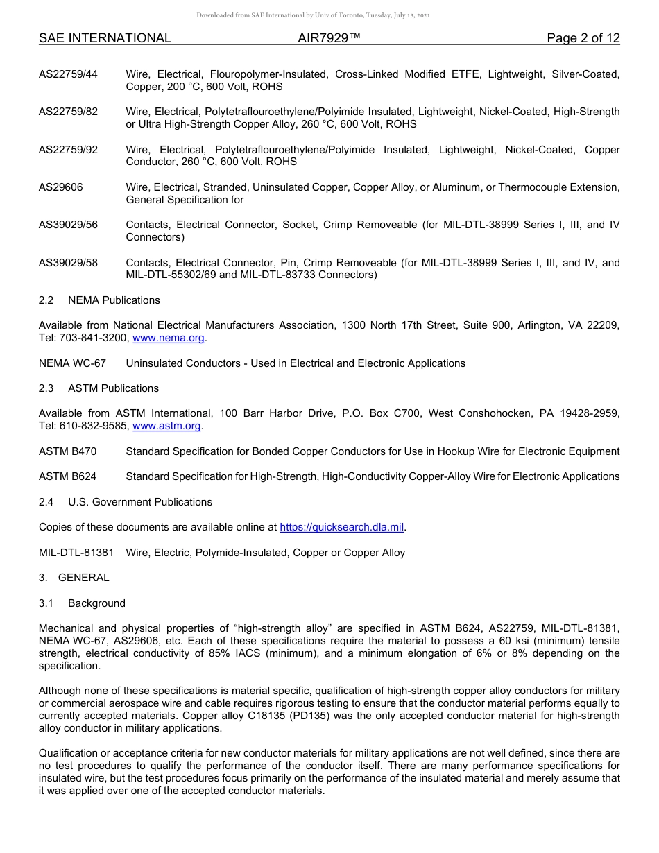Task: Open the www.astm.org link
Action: [166, 426]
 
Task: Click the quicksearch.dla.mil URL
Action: [341, 527]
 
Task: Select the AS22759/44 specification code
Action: [68, 75]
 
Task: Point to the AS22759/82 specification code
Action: [68, 112]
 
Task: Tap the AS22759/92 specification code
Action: [68, 150]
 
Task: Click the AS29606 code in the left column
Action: [61, 187]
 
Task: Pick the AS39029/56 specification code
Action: [68, 225]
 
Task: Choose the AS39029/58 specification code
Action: [68, 263]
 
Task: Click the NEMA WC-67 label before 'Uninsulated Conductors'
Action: [72, 363]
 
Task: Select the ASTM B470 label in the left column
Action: [67, 451]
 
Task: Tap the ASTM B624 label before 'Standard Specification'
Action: [67, 476]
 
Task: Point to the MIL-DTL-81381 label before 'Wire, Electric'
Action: [76, 553]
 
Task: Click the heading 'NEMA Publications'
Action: [114, 300]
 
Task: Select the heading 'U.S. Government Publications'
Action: [140, 502]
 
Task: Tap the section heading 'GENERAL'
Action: [83, 578]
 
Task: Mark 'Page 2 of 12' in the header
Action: [583, 39]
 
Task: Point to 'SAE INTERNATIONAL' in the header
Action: [105, 39]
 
